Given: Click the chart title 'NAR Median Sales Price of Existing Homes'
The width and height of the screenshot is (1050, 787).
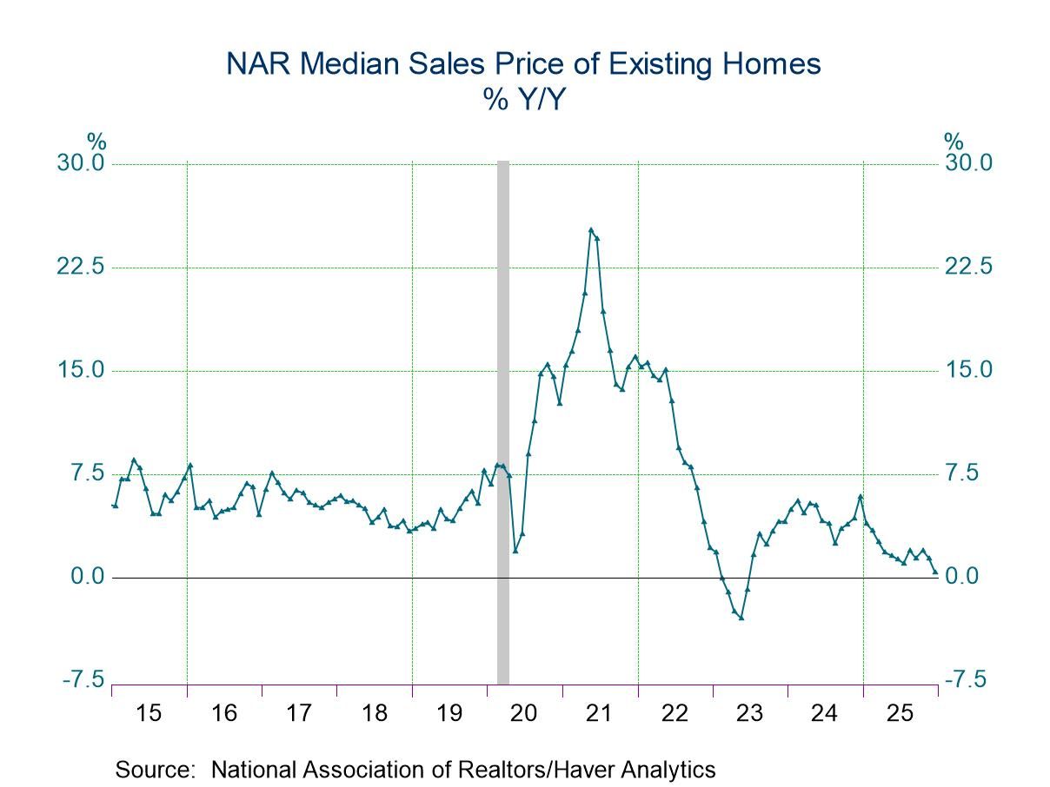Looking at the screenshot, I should click(x=523, y=65).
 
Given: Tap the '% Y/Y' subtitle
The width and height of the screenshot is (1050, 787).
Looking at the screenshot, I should click(x=523, y=100).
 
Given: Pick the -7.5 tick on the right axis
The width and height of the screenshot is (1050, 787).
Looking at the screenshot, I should click(x=966, y=679).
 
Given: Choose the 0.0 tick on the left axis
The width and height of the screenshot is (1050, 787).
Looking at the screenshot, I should click(x=85, y=577).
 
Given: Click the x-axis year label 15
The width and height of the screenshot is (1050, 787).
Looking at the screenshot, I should click(x=150, y=713).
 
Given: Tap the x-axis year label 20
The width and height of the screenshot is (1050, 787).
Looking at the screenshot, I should click(x=525, y=713).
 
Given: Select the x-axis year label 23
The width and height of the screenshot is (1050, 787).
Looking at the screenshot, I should click(x=750, y=713).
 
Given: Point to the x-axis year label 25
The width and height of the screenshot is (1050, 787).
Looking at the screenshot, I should click(x=900, y=713).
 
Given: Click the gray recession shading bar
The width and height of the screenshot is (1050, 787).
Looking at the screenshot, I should click(x=502, y=417).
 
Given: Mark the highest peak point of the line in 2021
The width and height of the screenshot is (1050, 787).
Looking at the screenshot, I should click(x=591, y=230).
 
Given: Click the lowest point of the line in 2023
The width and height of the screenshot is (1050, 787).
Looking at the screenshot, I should click(x=741, y=618).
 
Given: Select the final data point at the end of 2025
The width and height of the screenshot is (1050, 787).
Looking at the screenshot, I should click(x=935, y=572).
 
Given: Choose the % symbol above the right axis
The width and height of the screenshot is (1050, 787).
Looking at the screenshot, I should click(x=954, y=142).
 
